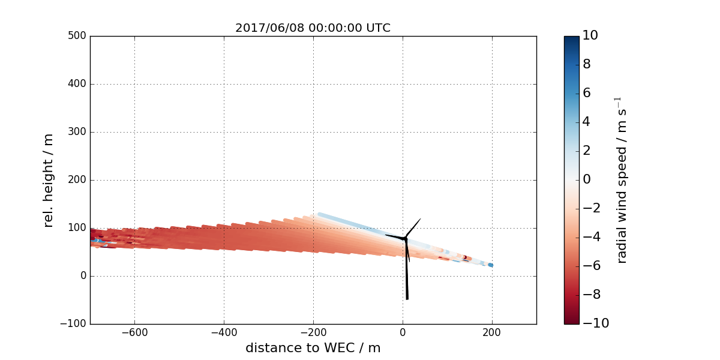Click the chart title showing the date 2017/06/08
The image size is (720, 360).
coord(313,28)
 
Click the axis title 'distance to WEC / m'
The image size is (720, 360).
coord(313,348)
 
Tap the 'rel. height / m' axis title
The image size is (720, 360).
coord(49,180)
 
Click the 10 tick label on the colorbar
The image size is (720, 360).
coord(590,36)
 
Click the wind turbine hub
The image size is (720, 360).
coord(405,239)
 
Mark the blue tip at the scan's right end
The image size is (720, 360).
coord(490,265)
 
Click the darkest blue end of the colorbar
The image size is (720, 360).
coord(571,39)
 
